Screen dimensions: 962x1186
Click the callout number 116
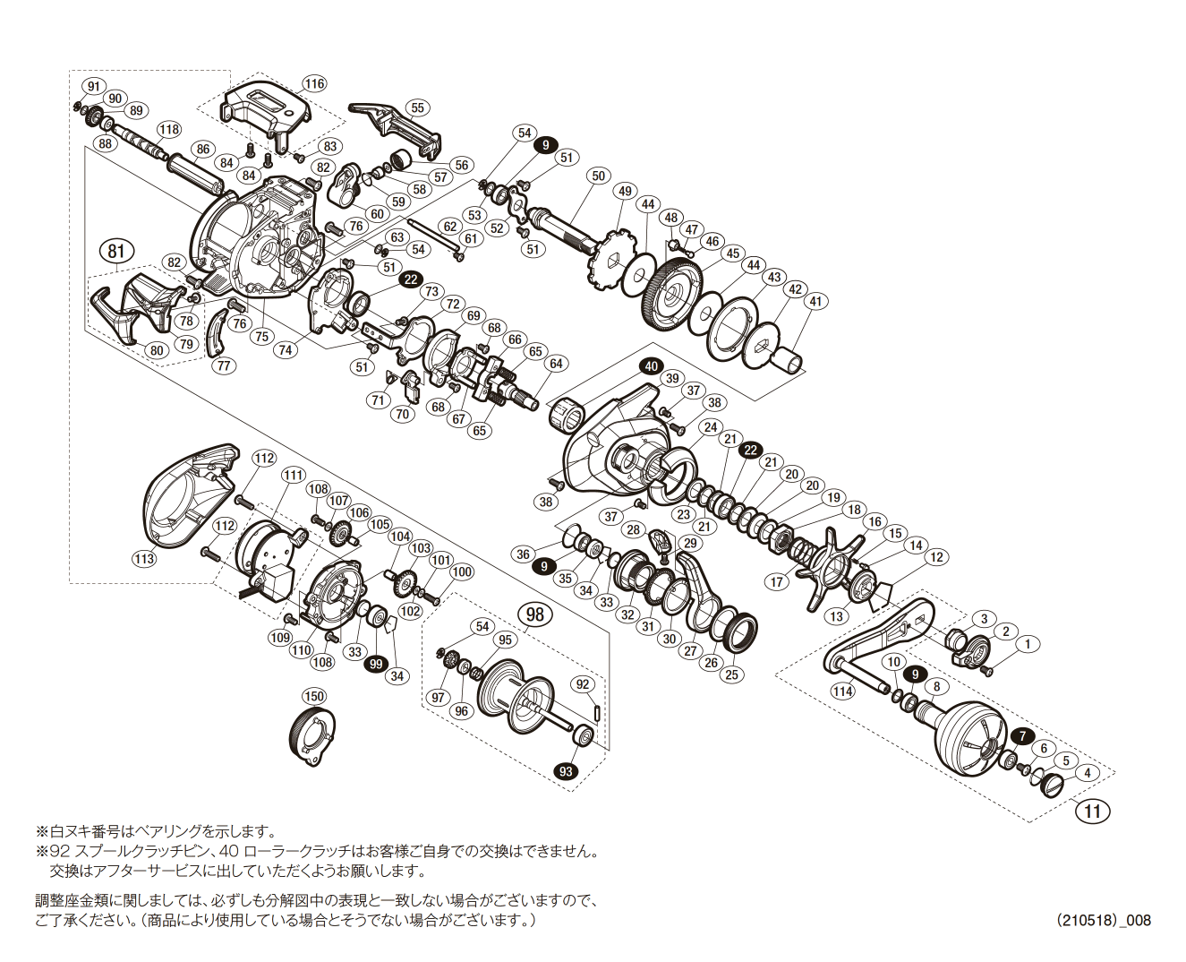pyautogui.click(x=314, y=83)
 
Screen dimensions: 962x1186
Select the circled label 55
pyautogui.click(x=417, y=107)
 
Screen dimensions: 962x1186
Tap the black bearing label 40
pyautogui.click(x=651, y=365)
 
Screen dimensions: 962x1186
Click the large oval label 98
pyautogui.click(x=534, y=614)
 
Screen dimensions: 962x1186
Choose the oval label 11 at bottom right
pyautogui.click(x=1092, y=812)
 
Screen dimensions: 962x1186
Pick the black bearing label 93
pyautogui.click(x=566, y=771)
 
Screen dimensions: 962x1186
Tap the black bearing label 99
pyautogui.click(x=376, y=664)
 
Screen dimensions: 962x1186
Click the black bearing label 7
pyautogui.click(x=1022, y=735)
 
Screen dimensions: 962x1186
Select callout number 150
pyautogui.click(x=314, y=696)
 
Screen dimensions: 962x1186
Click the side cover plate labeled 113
pyautogui.click(x=187, y=494)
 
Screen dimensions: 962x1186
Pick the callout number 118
pyautogui.click(x=169, y=129)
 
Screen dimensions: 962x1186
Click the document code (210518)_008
pyautogui.click(x=1103, y=920)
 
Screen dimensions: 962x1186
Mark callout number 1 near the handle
pyautogui.click(x=1028, y=644)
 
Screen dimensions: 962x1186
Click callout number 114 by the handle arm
pyautogui.click(x=842, y=691)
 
